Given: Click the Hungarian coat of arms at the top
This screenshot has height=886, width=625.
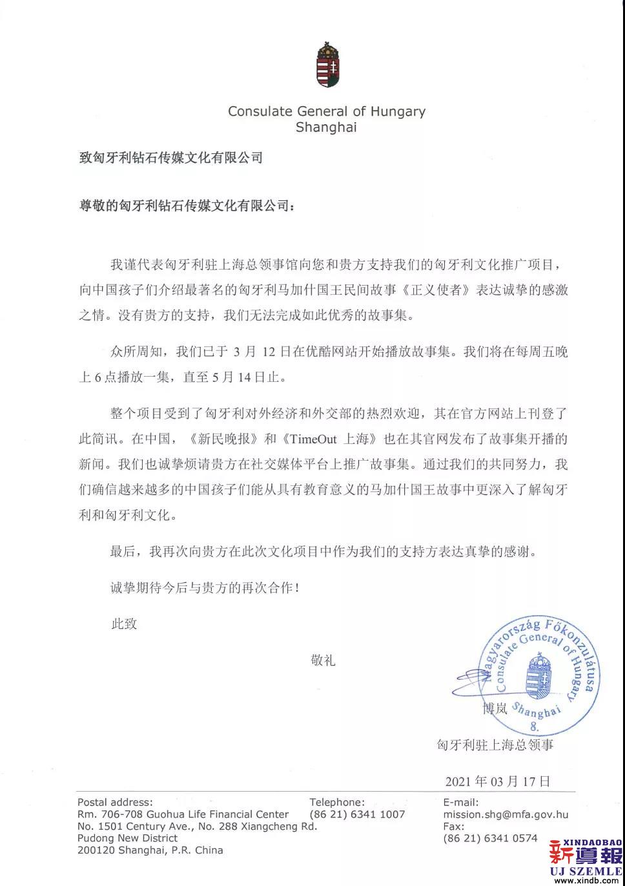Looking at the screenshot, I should coord(326,66).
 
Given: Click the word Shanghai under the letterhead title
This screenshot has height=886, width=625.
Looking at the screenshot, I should coord(326,127).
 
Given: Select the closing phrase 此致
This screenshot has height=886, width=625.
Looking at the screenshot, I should coord(124,624).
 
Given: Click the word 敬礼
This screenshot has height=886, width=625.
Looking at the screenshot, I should coord(323,660).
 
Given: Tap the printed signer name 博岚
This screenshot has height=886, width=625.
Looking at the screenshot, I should coord(495,708).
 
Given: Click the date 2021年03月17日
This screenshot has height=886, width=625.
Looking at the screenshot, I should coord(498,781).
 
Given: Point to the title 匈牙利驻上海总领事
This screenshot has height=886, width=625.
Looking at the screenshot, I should coord(495,745).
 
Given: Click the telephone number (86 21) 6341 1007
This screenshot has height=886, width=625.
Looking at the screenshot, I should coord(357,815).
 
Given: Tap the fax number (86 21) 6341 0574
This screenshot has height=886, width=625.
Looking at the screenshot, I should coord(490,838).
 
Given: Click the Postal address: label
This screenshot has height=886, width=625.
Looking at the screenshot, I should coord(115,803).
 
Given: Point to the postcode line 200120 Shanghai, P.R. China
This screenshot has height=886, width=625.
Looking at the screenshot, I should coord(150,850).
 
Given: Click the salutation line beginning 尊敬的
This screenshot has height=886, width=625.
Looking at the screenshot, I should coord(185,206).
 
